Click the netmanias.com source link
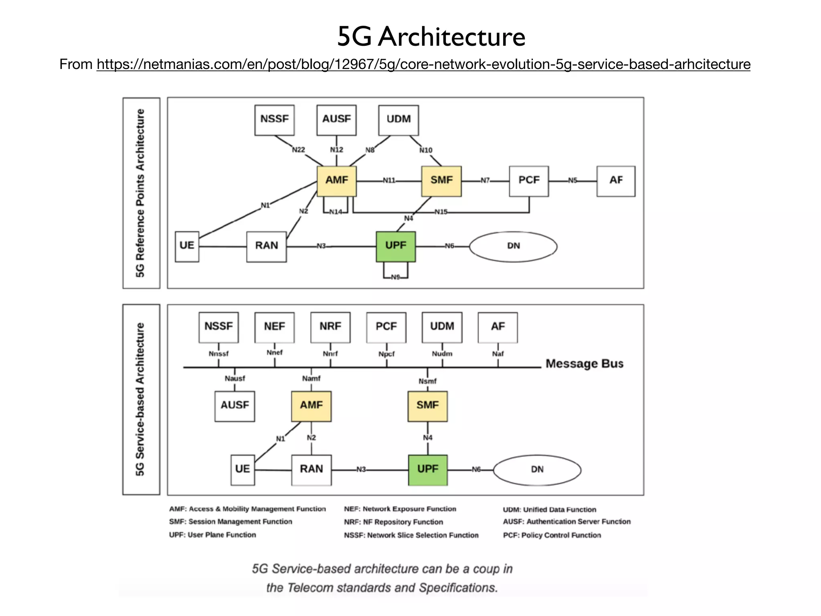click(423, 64)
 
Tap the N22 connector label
click(298, 150)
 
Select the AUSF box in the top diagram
click(336, 120)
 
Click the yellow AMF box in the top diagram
click(336, 181)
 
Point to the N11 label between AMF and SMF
click(389, 180)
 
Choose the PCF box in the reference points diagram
click(529, 181)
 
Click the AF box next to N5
click(616, 181)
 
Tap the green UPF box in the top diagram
click(396, 246)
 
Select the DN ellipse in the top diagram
click(513, 246)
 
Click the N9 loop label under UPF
click(395, 277)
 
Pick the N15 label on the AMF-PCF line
click(441, 212)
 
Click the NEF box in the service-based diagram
click(275, 327)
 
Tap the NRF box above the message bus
click(330, 327)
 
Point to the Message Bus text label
click(584, 364)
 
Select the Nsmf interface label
click(427, 381)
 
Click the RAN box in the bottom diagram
click(311, 470)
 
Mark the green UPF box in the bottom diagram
click(428, 470)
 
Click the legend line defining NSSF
click(411, 535)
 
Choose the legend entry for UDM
click(549, 509)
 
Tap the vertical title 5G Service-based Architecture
click(140, 399)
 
